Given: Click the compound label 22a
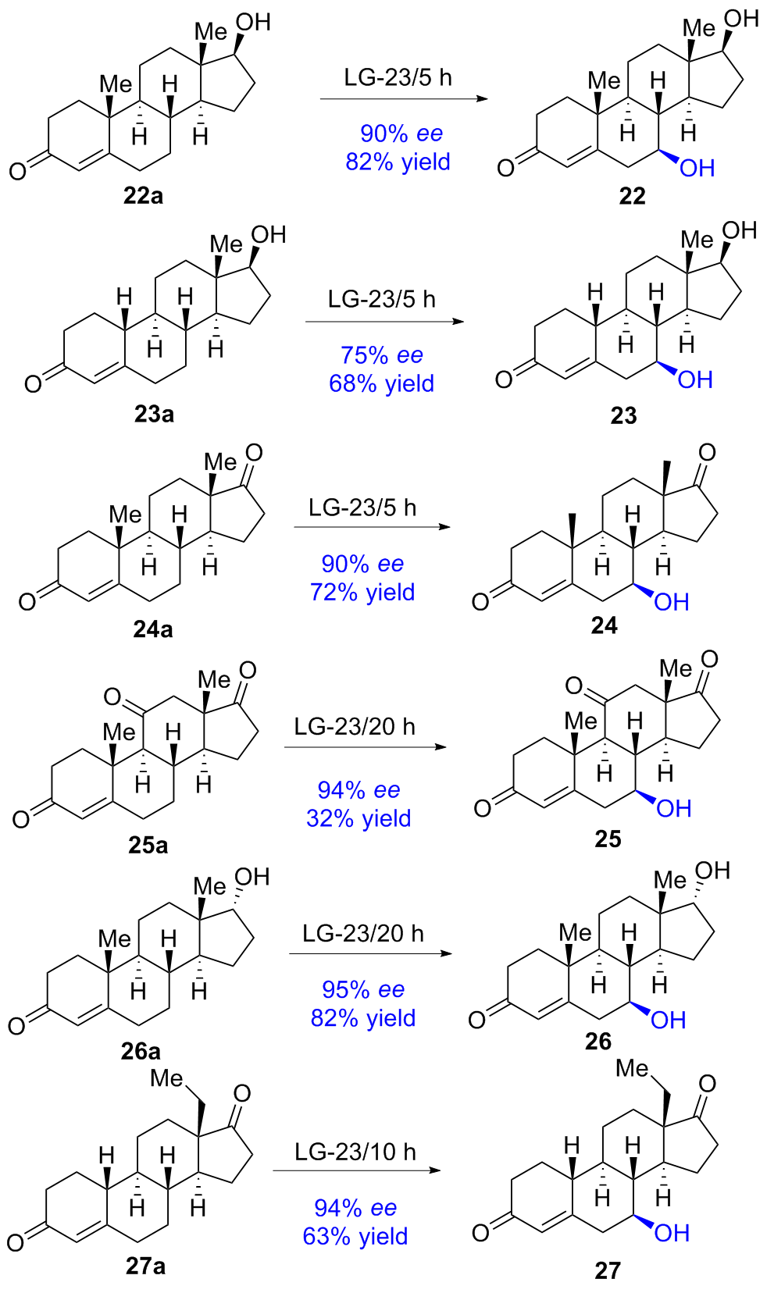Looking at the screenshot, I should point(143,195).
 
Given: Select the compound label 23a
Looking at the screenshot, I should point(154,414).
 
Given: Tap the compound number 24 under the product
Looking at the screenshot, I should point(605,625).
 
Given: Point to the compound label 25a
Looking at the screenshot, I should point(148,845).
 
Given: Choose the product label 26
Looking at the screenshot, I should point(598,1041).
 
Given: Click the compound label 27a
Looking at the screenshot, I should point(145,1266).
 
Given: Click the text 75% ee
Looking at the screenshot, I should point(381,355).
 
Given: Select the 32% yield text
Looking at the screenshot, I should point(359,818).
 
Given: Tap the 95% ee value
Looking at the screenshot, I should point(363,989).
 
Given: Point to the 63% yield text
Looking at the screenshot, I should point(355,1236).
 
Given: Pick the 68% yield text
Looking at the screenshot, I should point(381,383).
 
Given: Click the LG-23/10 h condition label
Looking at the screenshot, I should point(355,1152).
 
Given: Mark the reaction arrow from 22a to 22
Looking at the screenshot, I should point(403,99).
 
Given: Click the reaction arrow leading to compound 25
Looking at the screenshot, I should point(365,747).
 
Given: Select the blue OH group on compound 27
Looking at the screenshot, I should point(672,1233).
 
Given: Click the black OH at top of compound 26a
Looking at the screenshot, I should point(252,877).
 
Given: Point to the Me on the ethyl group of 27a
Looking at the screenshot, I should point(166,1078).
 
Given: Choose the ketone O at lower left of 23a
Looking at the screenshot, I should point(32,384).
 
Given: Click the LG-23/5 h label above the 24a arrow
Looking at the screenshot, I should point(362,508).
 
